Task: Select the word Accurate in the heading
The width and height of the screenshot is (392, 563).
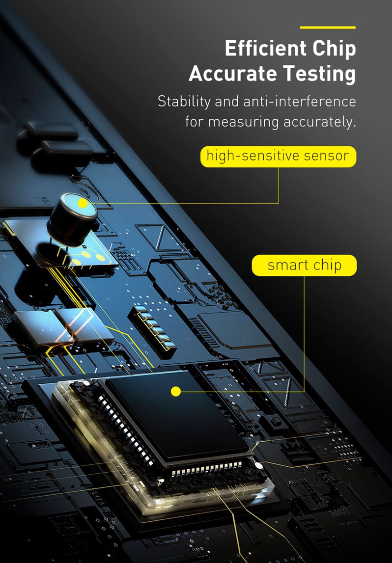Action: coord(232,74)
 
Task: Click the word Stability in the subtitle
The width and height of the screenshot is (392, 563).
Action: coord(184,102)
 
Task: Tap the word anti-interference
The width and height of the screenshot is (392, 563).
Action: coord(300,101)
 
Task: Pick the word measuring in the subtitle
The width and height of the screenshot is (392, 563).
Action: coord(244,122)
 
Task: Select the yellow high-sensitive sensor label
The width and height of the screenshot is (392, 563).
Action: coord(278,157)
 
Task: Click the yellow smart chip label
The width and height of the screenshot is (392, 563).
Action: coord(305,266)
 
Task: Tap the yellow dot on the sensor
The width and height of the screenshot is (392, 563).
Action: coord(83,203)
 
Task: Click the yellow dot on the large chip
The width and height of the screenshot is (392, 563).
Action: coord(176,391)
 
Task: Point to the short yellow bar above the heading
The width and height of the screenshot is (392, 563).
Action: coord(328,27)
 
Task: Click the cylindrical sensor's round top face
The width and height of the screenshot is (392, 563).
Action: coord(79,205)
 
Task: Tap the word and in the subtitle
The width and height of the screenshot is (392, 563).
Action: coord(227,101)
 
